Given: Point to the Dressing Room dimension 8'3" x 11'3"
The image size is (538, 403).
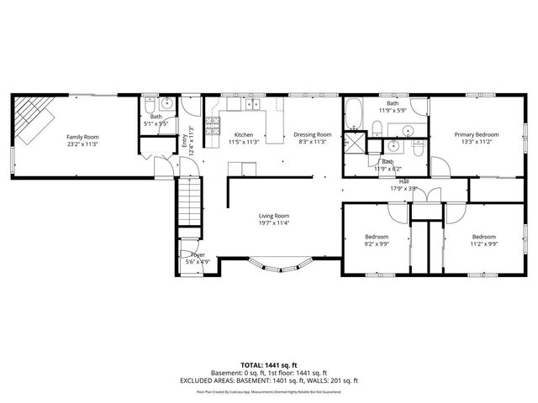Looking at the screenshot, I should (x=312, y=142).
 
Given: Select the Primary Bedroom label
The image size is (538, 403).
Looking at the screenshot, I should (x=477, y=134).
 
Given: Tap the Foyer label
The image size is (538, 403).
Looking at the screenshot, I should (x=198, y=254).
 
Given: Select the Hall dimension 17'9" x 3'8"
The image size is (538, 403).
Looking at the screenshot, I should (x=404, y=188).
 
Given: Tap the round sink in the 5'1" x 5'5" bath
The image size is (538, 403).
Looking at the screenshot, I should (x=166, y=104).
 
